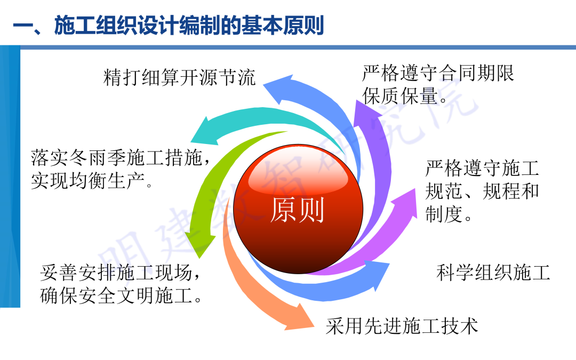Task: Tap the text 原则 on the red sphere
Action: [x=297, y=210]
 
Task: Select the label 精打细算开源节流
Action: [x=180, y=78]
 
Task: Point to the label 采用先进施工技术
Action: [x=402, y=325]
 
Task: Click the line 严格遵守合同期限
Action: [x=438, y=73]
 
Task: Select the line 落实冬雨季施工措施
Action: [x=118, y=158]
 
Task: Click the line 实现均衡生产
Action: [x=92, y=181]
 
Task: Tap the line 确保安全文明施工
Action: [x=121, y=296]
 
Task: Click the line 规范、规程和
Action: [x=482, y=191]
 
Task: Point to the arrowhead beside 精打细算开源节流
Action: [x=281, y=88]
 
